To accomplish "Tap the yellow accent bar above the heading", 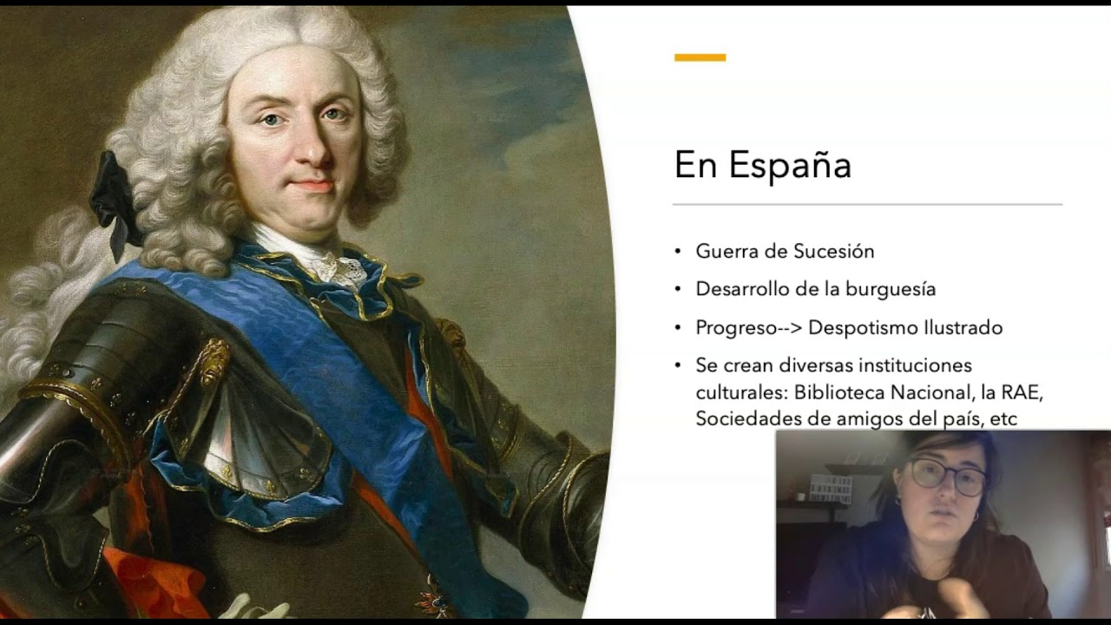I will pyautogui.click(x=700, y=57).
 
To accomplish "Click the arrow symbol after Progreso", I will pyautogui.click(x=789, y=328).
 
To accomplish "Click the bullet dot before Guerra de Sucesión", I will pyautogui.click(x=679, y=252).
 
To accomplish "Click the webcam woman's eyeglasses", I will pyautogui.click(x=948, y=475).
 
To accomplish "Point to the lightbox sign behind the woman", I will pyautogui.click(x=830, y=489).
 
